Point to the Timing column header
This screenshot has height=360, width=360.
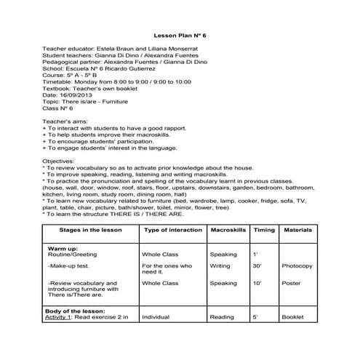[x=264, y=229]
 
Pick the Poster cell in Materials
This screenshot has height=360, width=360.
[x=292, y=283]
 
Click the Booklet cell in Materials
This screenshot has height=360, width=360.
[x=293, y=317]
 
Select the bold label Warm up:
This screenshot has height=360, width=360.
[x=63, y=248]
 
